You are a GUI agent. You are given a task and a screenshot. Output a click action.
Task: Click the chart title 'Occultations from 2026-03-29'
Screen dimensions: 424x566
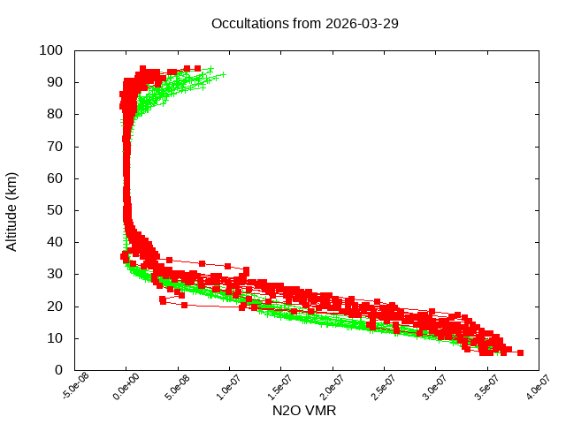pos(304,23)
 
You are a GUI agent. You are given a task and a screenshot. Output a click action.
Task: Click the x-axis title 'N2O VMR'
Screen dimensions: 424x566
pos(304,411)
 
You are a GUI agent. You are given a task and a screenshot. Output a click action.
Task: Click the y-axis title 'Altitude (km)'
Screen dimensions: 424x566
pos(12,211)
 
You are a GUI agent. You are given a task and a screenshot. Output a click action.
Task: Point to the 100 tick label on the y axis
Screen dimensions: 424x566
pos(50,50)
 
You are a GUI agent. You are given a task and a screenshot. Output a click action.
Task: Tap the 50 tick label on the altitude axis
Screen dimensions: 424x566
pos(54,210)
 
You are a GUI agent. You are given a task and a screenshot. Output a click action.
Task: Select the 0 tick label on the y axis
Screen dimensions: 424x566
pos(57,370)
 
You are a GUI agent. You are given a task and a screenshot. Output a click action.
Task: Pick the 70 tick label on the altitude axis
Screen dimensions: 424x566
pos(54,147)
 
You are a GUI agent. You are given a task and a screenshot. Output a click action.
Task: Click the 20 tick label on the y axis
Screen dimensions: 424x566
pos(54,307)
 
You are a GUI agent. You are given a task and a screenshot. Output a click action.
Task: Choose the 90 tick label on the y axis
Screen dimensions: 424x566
pos(54,82)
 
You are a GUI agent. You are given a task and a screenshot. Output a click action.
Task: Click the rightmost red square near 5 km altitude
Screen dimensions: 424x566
pos(520,352)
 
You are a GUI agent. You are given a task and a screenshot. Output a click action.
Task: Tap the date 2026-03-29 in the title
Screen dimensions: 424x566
pos(363,23)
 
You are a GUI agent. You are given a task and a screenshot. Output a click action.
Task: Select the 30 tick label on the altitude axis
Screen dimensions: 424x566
pos(54,274)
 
